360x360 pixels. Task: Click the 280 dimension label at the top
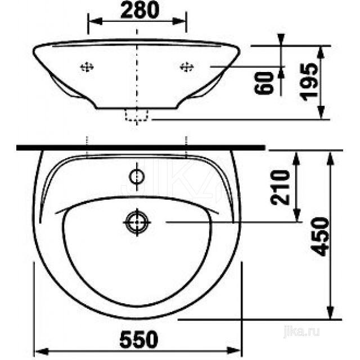pos(138,10)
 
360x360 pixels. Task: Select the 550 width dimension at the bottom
pos(138,339)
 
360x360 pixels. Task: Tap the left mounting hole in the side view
pos(87,67)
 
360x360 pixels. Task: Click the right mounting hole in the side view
pos(186,67)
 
